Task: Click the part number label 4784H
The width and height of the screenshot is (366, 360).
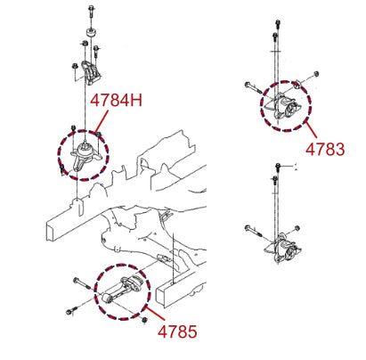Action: click(116, 100)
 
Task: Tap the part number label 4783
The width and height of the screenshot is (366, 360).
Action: click(325, 149)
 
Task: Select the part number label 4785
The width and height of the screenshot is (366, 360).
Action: click(177, 331)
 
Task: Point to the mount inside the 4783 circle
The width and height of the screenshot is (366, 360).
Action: click(284, 108)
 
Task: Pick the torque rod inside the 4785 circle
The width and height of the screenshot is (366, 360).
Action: click(123, 290)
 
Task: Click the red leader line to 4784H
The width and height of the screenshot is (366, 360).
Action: click(102, 121)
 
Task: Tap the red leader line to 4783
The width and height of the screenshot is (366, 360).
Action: click(311, 130)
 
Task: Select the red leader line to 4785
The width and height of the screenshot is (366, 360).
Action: click(154, 314)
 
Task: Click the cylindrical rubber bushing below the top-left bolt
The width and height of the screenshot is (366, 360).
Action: click(91, 32)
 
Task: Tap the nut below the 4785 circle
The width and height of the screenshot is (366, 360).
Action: click(144, 320)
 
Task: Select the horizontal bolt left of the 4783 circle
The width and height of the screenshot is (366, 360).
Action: click(253, 87)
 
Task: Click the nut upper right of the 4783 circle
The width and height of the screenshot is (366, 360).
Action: click(316, 73)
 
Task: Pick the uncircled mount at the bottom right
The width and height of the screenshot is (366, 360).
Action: click(283, 249)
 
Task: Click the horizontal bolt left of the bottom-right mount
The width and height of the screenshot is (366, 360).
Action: click(253, 232)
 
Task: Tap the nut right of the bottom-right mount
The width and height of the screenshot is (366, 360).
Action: click(297, 228)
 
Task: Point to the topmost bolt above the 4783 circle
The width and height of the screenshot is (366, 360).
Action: click(278, 24)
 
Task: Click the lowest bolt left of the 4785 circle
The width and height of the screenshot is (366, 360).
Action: click(72, 310)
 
